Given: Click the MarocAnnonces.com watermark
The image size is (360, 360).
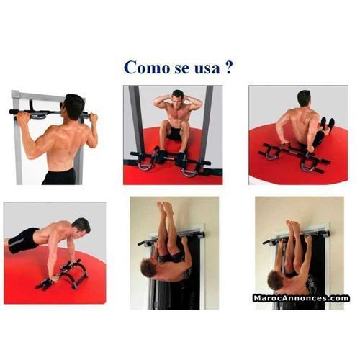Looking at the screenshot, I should (300, 297).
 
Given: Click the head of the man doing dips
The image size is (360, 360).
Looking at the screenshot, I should (303, 98).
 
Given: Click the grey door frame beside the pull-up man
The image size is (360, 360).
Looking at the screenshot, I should (16, 137).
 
